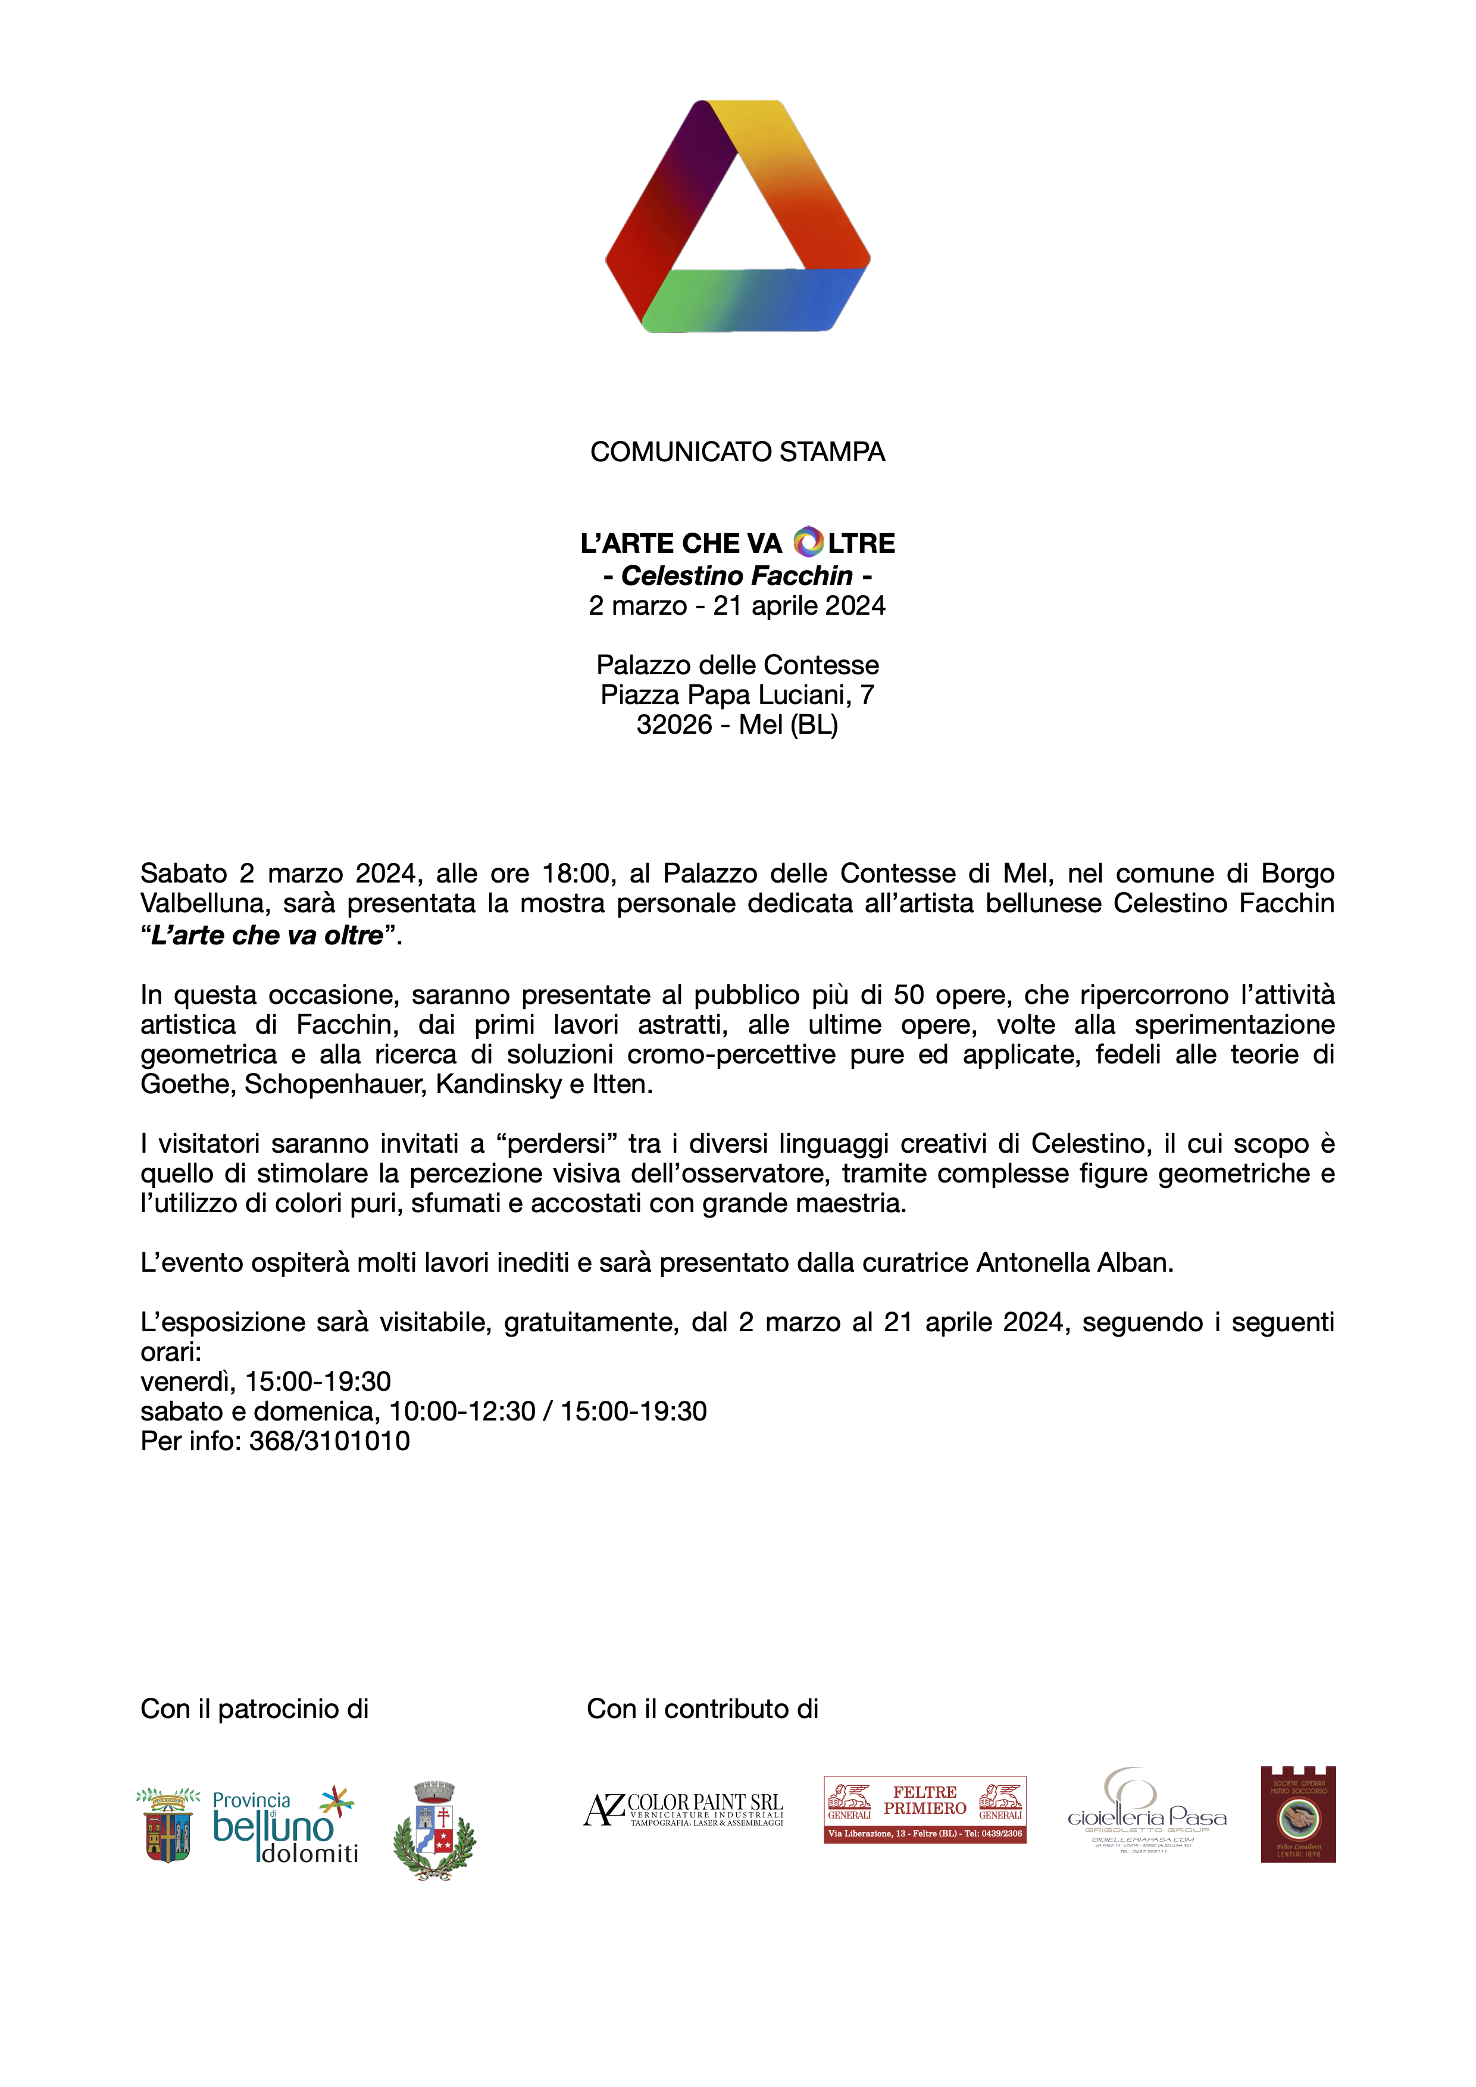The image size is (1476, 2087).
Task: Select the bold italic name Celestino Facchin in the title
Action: point(737,575)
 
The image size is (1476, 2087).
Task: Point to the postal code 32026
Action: point(674,724)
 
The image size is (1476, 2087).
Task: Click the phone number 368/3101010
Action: point(329,1441)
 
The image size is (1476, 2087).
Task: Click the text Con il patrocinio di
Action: point(255,1709)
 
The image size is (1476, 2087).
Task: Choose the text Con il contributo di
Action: point(702,1709)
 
